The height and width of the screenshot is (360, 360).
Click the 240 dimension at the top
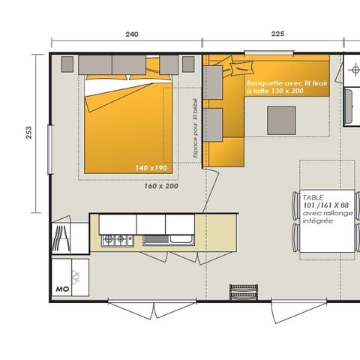(132, 34)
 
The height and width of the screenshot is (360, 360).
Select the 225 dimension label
(277, 34)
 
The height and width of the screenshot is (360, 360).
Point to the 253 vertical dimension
(29, 133)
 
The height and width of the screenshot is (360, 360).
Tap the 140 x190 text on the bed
(151, 168)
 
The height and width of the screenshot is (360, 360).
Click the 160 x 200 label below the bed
(161, 186)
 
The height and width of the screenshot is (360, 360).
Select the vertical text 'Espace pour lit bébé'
(193, 129)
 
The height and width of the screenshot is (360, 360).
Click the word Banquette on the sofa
(264, 84)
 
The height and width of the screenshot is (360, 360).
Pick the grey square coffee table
(281, 118)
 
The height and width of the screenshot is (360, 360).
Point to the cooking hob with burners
(118, 240)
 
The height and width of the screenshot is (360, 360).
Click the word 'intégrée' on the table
(317, 223)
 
